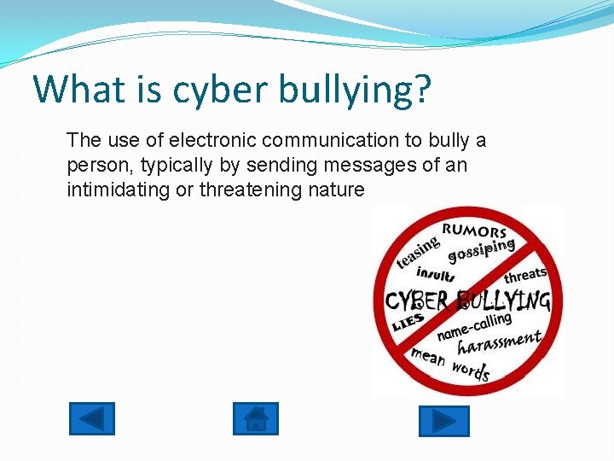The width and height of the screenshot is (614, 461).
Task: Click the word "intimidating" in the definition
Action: point(119,190)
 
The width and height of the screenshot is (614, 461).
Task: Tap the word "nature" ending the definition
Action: point(336,190)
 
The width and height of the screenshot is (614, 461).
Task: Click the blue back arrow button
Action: point(91,419)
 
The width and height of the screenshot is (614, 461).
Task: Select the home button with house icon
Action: point(255,419)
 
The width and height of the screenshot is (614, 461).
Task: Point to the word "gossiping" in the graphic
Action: point(482,249)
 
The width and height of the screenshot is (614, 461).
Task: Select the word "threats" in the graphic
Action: point(525,275)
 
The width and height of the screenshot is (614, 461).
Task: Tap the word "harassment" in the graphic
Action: point(499,343)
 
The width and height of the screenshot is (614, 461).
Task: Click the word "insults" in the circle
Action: point(436,275)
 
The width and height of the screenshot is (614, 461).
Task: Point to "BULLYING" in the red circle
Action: point(502,301)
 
